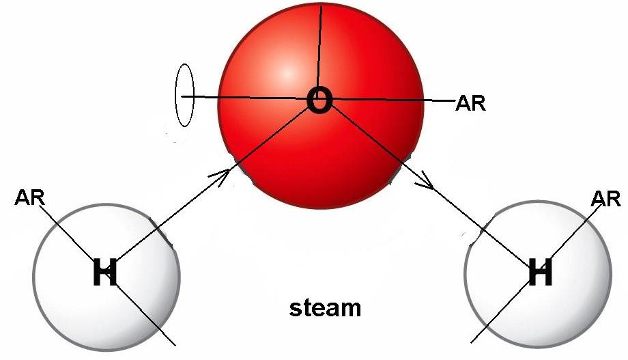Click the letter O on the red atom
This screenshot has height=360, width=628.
tap(319, 100)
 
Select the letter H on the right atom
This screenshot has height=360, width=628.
tap(540, 274)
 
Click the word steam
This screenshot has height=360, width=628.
tap(325, 307)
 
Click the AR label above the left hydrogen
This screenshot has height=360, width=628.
tap(29, 198)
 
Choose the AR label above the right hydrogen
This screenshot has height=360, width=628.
tap(605, 199)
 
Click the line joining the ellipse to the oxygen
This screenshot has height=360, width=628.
tap(246, 98)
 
